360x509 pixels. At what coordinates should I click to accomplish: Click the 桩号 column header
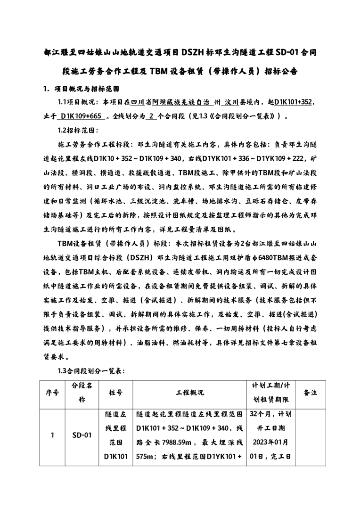pyautogui.click(x=115, y=392)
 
